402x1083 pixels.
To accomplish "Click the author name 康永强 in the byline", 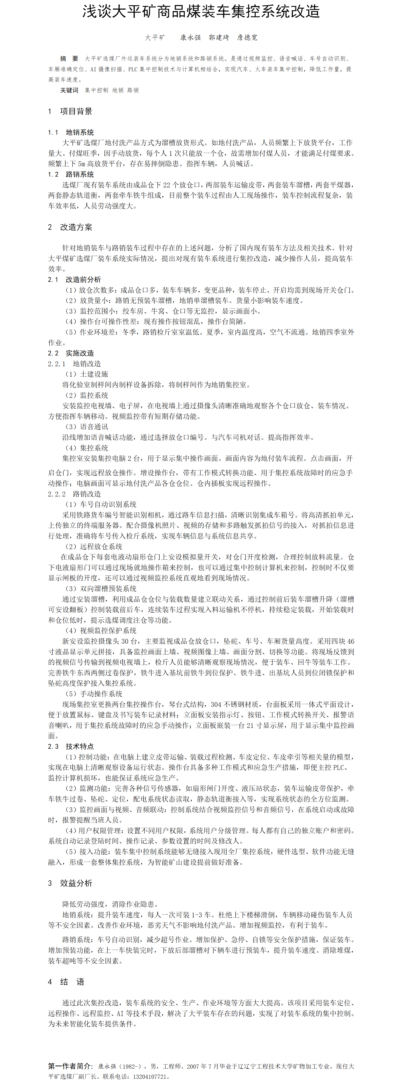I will pyautogui.click(x=190, y=37).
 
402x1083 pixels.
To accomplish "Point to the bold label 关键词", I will pyautogui.click(x=69, y=90).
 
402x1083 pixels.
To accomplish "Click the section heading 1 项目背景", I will pyautogui.click(x=70, y=111).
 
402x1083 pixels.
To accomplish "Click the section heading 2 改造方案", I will pyautogui.click(x=70, y=227).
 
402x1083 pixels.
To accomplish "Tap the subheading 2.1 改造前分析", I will pyautogui.click(x=74, y=279).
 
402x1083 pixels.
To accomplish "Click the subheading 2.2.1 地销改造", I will pyautogui.click(x=74, y=364).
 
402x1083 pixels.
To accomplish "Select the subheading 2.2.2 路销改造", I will pyautogui.click(x=74, y=494).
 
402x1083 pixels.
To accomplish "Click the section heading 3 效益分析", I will pyautogui.click(x=70, y=883).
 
